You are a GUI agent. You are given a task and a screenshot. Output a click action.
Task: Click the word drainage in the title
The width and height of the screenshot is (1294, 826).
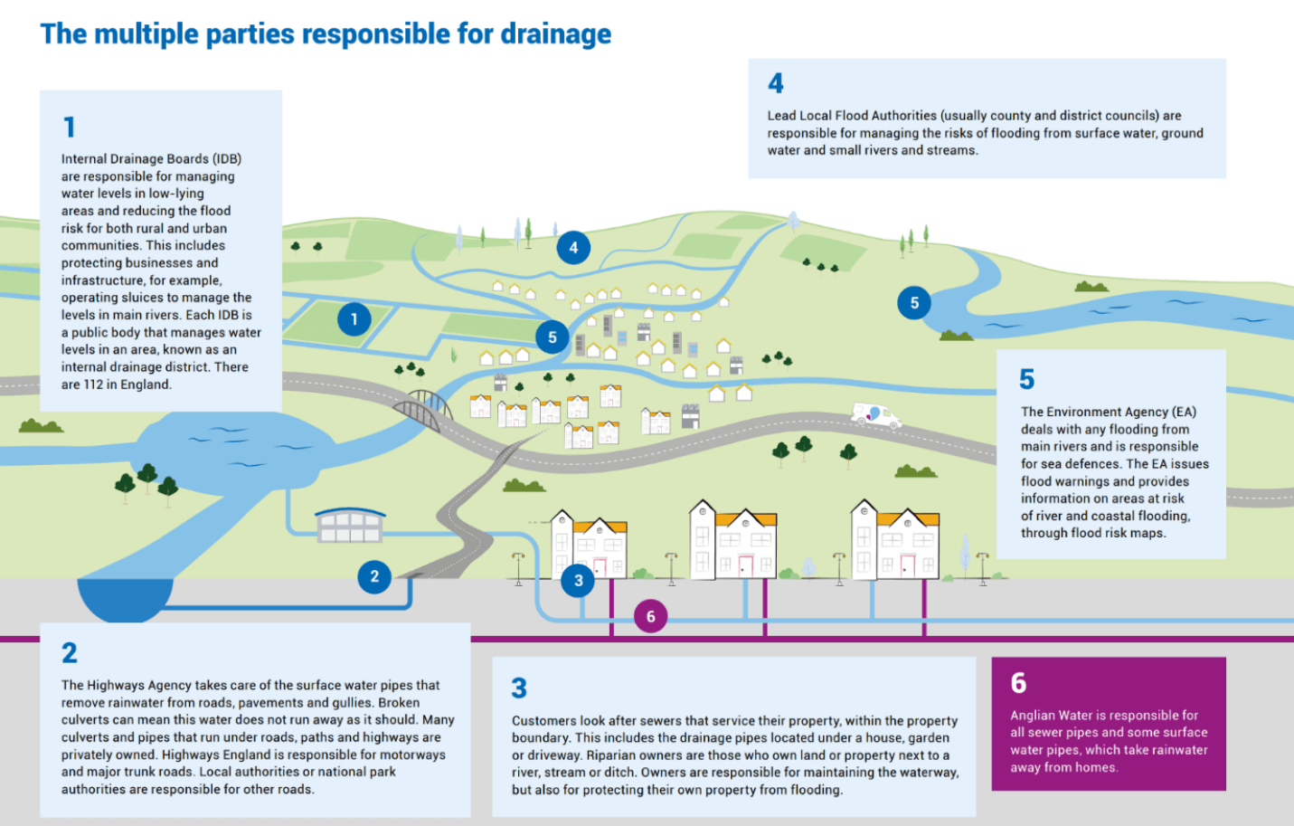point(555,34)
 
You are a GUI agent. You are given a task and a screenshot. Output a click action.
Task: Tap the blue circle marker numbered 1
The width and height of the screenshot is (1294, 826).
point(354,318)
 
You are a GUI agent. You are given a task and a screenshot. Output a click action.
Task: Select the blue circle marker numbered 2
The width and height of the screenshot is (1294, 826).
point(374,576)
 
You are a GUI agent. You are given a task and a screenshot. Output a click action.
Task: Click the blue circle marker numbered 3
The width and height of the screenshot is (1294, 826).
point(578,581)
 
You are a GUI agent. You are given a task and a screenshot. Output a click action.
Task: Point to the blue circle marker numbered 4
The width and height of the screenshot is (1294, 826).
point(573,247)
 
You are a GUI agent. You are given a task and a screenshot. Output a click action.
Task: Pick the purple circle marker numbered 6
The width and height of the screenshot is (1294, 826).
point(650,617)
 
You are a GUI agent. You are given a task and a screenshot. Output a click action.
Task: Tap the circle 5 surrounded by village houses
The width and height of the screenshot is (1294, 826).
point(552,337)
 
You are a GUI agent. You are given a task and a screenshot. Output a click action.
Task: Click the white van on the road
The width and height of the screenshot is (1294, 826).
point(875,415)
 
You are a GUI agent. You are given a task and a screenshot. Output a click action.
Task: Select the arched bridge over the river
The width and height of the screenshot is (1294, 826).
point(422,409)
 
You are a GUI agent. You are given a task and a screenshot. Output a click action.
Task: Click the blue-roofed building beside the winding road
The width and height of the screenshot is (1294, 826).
point(350,524)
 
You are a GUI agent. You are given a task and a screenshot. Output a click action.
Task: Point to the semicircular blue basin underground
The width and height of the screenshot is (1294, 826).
point(125,598)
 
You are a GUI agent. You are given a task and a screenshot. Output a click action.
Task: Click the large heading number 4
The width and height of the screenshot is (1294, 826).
point(776,84)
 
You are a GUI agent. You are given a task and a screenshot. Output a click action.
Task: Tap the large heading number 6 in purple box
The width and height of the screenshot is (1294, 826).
point(1019,683)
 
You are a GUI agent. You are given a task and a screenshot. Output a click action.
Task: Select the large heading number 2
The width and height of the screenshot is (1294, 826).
point(70,653)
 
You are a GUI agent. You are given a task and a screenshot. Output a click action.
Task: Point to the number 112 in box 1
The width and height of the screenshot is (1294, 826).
point(93,385)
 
